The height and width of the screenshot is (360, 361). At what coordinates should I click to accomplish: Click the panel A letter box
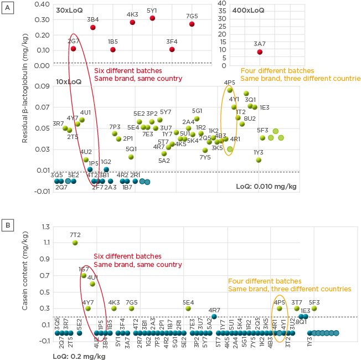coord(7,7)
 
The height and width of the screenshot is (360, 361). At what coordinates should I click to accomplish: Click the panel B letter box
coord(7,226)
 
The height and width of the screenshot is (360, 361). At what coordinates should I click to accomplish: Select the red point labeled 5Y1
coord(152,18)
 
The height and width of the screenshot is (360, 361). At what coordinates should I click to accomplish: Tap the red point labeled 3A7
coord(259,52)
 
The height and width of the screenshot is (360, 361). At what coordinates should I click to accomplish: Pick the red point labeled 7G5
coord(192,24)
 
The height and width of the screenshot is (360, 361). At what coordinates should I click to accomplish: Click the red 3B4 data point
coord(93,27)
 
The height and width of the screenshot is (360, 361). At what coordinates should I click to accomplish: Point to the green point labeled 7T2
coord(75,243)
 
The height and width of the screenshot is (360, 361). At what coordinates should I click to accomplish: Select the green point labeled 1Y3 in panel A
coord(259,160)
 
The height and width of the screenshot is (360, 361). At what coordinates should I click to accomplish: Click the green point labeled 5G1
coord(197,119)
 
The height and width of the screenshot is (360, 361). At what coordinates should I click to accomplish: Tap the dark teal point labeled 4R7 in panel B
coord(214,316)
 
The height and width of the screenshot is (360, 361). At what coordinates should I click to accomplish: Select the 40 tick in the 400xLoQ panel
coord(221,3)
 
